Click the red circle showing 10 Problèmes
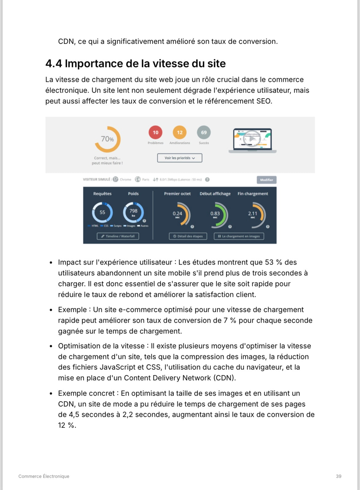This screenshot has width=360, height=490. (155, 133)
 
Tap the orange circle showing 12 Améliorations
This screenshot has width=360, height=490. (180, 133)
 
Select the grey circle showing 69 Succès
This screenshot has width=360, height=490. (204, 133)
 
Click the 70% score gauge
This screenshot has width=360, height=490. (107, 139)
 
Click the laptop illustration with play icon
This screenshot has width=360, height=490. (252, 140)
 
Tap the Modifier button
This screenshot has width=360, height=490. (266, 180)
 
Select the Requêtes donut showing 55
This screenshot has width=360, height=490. (102, 212)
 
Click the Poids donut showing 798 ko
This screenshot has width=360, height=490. (133, 212)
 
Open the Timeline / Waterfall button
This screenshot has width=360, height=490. (118, 236)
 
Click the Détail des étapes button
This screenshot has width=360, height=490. (188, 236)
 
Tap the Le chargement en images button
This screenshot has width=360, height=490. (239, 236)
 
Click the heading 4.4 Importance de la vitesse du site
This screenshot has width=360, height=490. (135, 64)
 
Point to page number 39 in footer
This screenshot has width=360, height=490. (338, 476)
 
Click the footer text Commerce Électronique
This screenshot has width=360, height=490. (44, 476)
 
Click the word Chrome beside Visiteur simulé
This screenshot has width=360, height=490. (125, 180)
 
